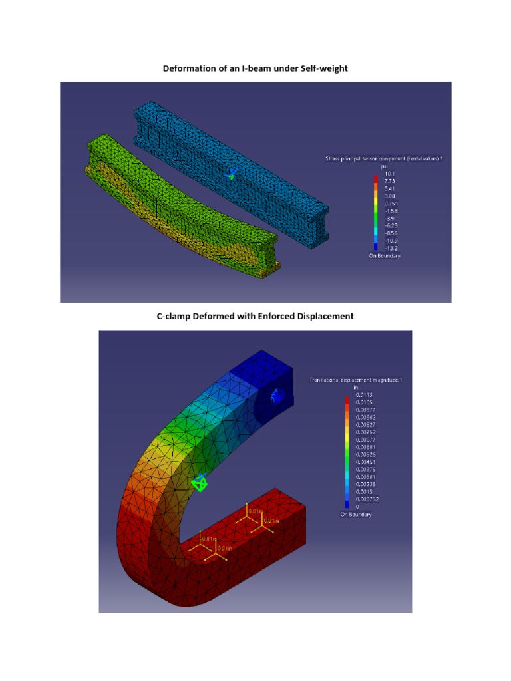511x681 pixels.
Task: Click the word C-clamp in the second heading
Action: click(x=175, y=317)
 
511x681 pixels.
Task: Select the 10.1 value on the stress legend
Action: click(x=390, y=173)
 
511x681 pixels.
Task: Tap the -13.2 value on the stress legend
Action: click(x=391, y=248)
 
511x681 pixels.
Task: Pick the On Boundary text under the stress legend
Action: click(x=385, y=256)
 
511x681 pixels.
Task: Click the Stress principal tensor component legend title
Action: click(x=383, y=159)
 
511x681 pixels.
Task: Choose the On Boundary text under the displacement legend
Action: click(x=356, y=515)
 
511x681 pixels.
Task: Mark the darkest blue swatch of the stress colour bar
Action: click(x=375, y=247)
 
